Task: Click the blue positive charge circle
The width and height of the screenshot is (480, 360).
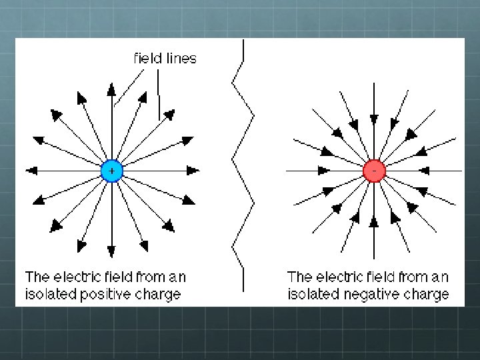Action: tap(111, 171)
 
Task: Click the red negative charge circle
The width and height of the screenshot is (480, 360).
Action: tap(374, 171)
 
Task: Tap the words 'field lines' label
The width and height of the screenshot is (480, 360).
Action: tap(165, 58)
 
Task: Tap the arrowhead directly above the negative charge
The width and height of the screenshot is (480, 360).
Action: tap(374, 119)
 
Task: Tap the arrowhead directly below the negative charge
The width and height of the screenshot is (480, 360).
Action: tap(374, 222)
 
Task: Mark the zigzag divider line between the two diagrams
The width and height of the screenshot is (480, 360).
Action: tap(243, 167)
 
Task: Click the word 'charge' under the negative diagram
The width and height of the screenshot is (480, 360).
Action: tap(426, 294)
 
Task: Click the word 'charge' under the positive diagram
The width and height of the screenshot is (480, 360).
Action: tap(159, 294)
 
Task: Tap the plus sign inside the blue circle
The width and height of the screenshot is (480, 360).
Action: tap(111, 171)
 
